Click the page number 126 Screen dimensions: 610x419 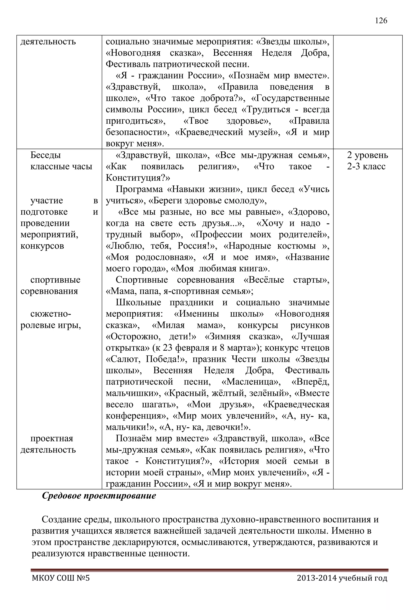point(381,21)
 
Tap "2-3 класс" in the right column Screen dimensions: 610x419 point(366,167)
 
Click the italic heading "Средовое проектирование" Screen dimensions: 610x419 point(99,496)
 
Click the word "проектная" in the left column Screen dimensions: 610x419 point(52,439)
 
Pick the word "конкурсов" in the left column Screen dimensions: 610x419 point(42,246)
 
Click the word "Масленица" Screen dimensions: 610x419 point(251,382)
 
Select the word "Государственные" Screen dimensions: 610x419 point(290,98)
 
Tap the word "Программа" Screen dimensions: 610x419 point(139,189)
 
